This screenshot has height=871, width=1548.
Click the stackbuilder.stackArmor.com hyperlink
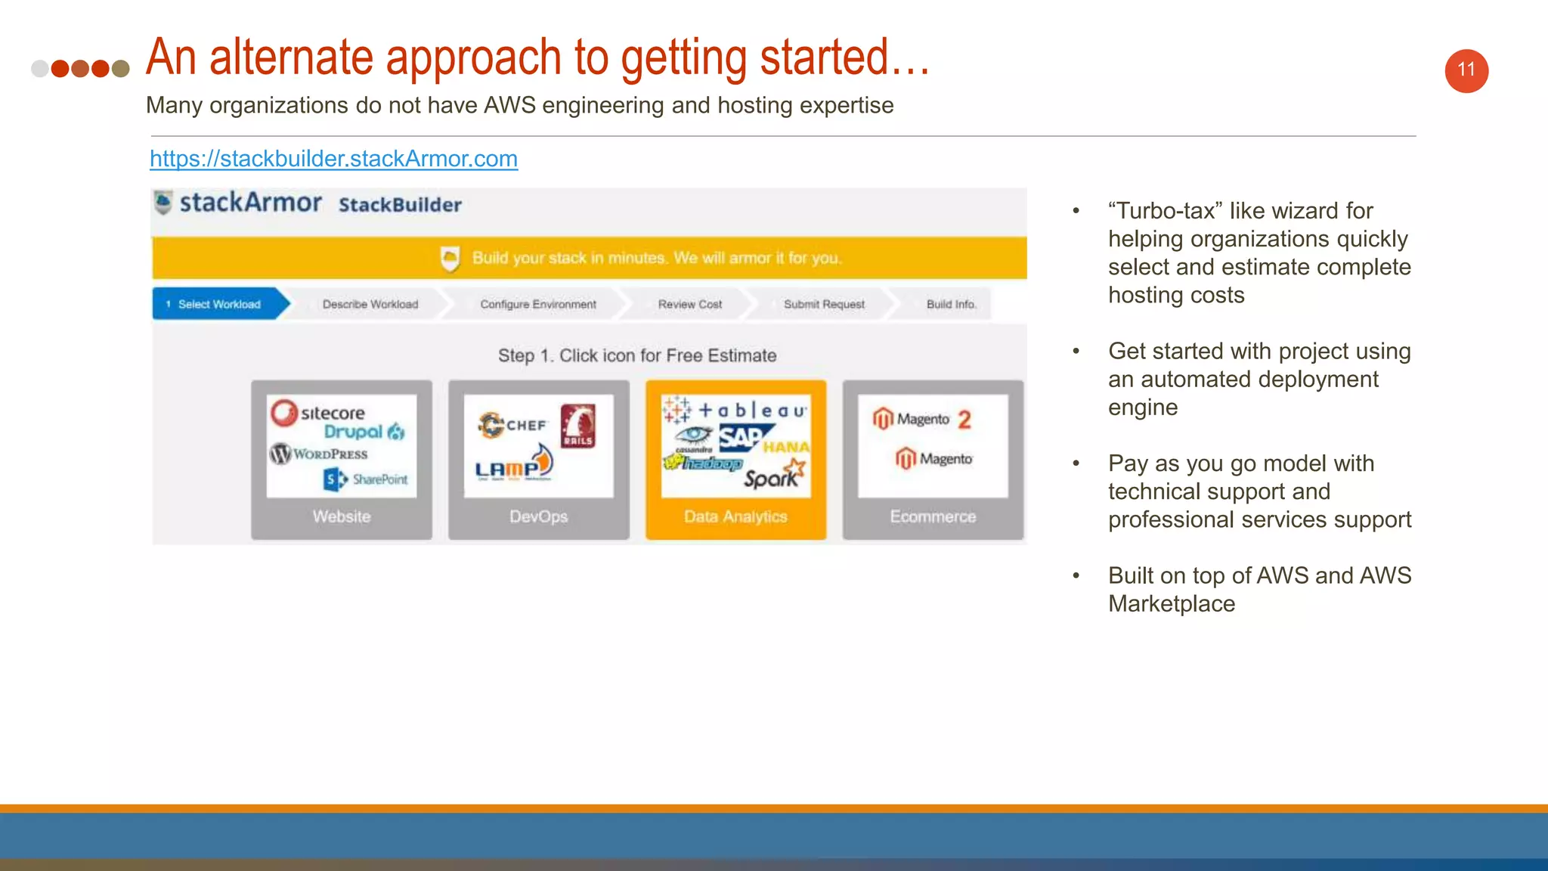[x=333, y=159]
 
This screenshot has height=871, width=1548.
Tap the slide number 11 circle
[x=1466, y=71]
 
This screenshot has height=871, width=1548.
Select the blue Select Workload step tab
[x=218, y=304]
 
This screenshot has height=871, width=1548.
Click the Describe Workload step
[x=370, y=304]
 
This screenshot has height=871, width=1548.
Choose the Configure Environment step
[x=537, y=304]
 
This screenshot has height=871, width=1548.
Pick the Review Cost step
[x=689, y=304]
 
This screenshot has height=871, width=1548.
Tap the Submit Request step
[x=824, y=304]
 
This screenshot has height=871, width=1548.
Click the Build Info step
[x=951, y=304]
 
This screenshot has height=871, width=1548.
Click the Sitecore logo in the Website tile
[x=318, y=412]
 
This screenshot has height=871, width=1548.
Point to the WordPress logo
[x=319, y=454]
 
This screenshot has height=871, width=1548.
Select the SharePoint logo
[x=366, y=479]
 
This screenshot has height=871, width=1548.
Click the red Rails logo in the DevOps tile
[x=577, y=426]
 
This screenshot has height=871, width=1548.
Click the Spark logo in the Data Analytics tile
[x=773, y=476]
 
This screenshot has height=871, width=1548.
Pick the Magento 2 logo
[x=922, y=419]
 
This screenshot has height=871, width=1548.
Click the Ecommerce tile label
[x=933, y=516]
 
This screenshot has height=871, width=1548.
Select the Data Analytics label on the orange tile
[x=735, y=516]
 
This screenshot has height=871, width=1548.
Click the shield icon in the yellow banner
[x=450, y=259]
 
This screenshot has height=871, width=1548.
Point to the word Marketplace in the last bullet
[x=1171, y=604]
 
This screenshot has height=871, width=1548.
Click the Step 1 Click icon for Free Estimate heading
[x=636, y=355]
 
